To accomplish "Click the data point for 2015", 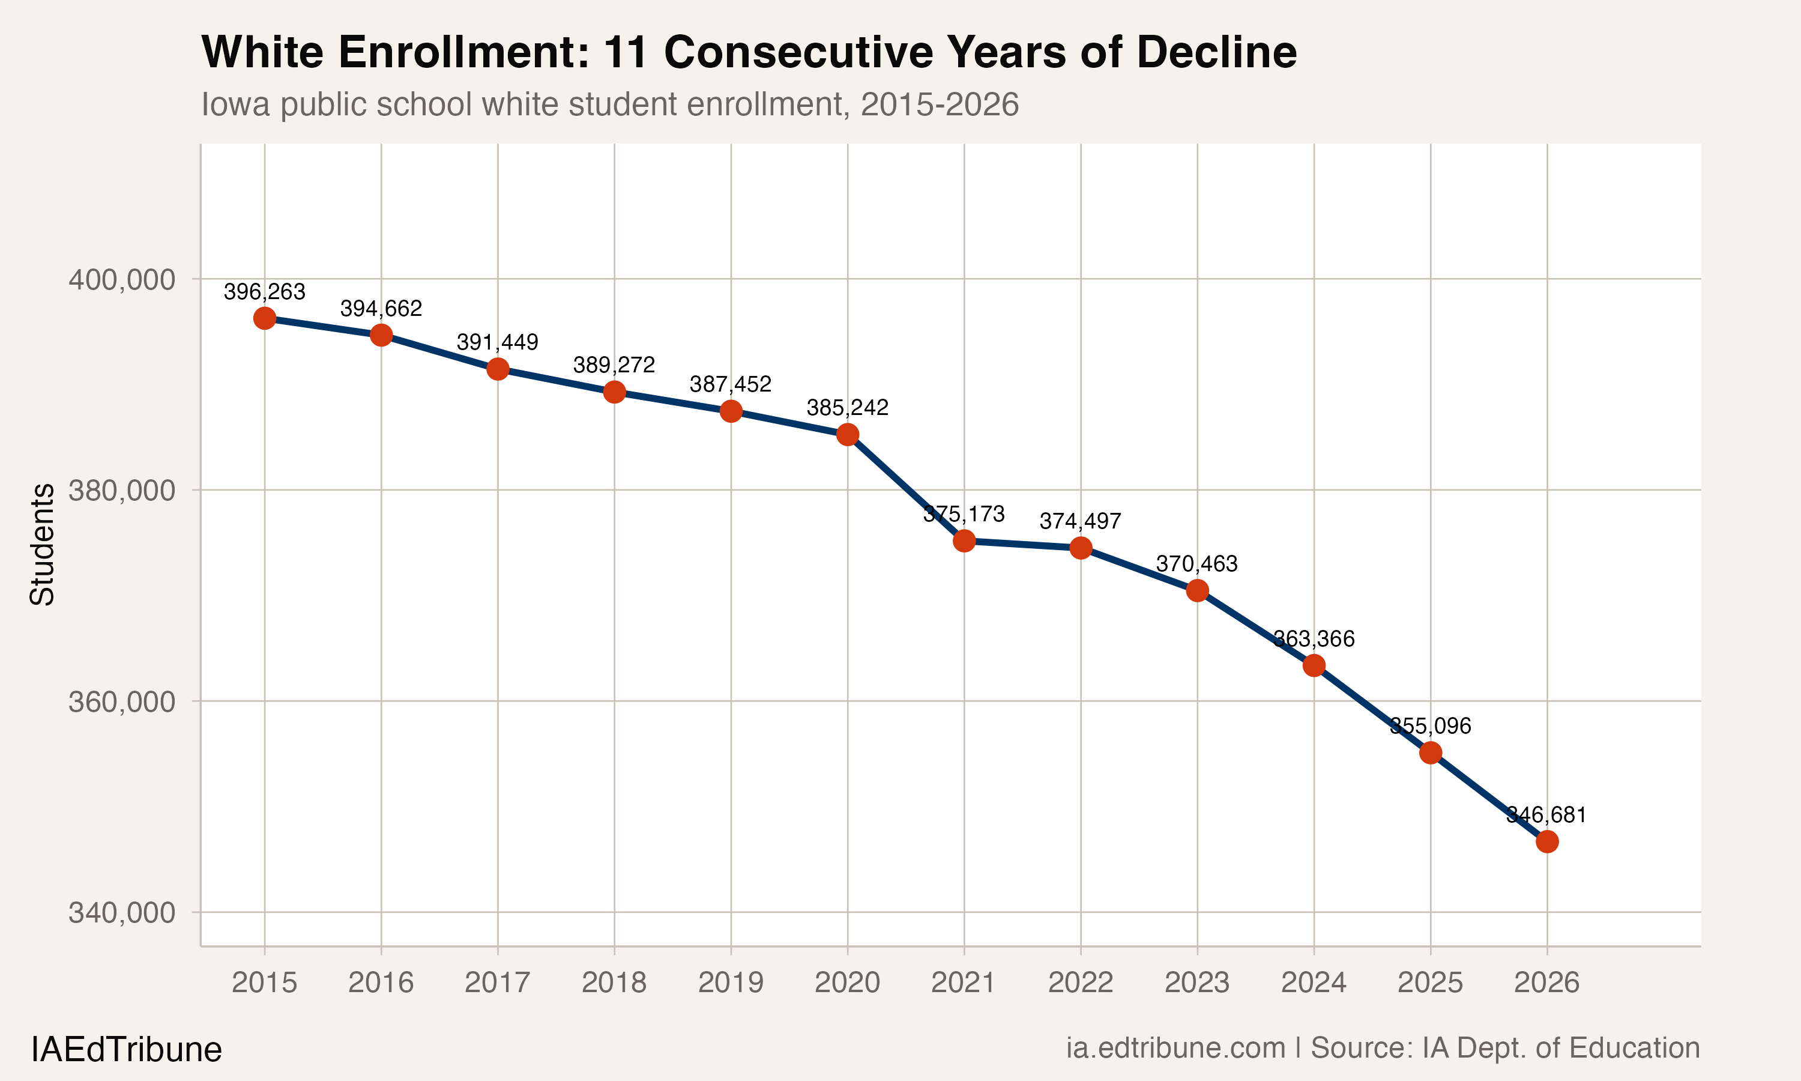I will (264, 318).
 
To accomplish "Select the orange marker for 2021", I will (964, 540).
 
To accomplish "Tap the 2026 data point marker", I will (1547, 841).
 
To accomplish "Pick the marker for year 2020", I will (847, 435).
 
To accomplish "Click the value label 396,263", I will (264, 292).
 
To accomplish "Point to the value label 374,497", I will (1081, 521).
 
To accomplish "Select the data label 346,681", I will (1547, 814).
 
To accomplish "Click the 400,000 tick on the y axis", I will (122, 279).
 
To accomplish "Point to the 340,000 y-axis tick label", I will (122, 912).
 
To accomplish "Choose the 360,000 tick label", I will (122, 701).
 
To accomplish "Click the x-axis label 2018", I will (614, 983).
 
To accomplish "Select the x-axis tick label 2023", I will (1197, 983).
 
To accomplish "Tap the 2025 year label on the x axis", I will (1430, 983).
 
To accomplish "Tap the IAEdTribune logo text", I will (127, 1050).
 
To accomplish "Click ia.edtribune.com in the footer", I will (1175, 1047).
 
